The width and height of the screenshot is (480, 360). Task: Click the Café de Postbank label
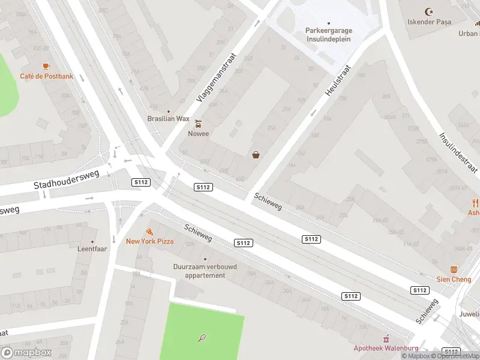(46, 76)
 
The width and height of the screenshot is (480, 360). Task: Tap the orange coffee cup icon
(46, 66)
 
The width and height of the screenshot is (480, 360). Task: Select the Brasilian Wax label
(168, 119)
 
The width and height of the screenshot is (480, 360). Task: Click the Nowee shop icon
(199, 124)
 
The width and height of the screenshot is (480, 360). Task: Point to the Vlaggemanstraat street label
(217, 77)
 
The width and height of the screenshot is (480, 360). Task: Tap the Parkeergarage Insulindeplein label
(328, 34)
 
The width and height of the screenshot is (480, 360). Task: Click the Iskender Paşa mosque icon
(428, 11)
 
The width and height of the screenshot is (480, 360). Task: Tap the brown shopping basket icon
(256, 155)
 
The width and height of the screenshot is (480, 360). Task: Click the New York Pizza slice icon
(149, 231)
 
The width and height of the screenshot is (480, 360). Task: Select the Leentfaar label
(92, 248)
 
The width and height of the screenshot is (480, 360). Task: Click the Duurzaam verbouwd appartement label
(205, 271)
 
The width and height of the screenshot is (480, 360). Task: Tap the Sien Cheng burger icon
(454, 270)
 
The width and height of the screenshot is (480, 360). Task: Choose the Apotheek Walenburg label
(385, 348)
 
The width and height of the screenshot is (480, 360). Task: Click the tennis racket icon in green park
(202, 338)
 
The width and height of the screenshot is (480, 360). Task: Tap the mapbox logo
(26, 352)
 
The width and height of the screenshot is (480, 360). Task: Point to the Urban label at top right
(469, 34)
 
